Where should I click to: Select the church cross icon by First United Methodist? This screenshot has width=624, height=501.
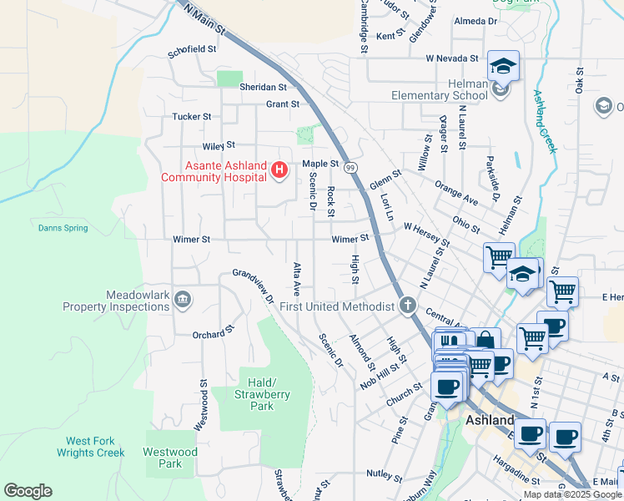(407, 306)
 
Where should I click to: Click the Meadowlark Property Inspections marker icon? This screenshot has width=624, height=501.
(183, 299)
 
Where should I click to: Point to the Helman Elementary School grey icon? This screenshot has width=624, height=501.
(500, 89)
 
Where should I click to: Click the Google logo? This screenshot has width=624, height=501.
(28, 491)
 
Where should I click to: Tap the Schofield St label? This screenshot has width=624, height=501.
(192, 49)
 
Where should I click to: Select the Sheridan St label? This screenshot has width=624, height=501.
(263, 87)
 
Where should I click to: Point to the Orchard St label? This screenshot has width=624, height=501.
(209, 335)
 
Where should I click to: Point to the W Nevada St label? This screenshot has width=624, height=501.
(451, 58)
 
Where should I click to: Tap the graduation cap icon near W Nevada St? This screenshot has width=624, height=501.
(504, 66)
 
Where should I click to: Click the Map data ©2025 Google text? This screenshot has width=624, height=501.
(572, 494)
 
